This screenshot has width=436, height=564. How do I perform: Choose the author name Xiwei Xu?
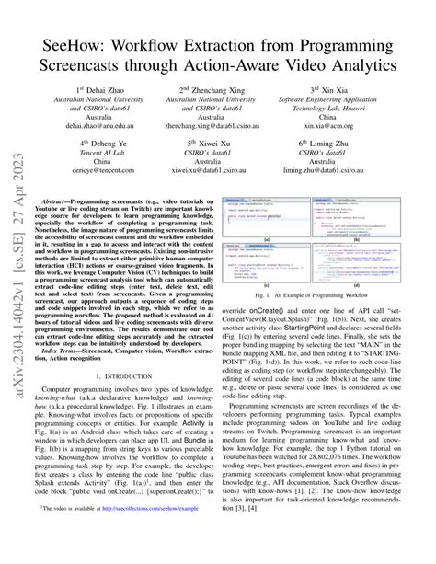pos(218,144)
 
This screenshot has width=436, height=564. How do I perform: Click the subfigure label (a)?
pos(265,240)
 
